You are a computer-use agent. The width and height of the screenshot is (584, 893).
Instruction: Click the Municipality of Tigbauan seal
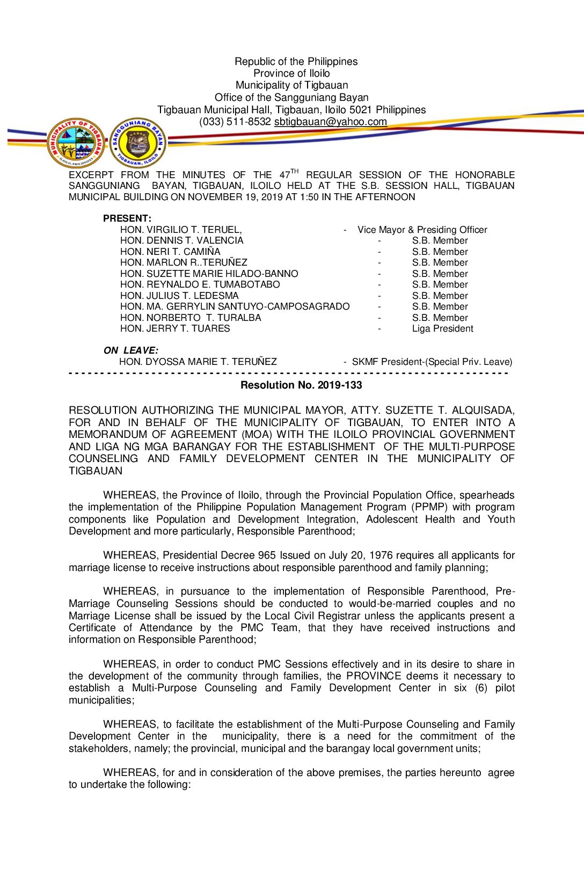click(x=76, y=143)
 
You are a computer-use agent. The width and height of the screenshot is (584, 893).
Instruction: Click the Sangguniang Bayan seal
click(x=138, y=143)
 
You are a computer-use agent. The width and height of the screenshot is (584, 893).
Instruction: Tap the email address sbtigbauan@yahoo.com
click(x=330, y=122)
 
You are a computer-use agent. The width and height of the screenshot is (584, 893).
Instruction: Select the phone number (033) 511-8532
click(x=235, y=122)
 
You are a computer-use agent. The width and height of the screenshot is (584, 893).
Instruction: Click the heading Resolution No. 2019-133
click(x=301, y=385)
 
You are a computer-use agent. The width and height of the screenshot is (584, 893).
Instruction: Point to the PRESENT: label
click(x=127, y=218)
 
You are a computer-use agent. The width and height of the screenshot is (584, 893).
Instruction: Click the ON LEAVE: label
click(x=131, y=350)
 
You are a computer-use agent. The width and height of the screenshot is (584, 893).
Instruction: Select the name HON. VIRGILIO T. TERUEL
click(x=181, y=230)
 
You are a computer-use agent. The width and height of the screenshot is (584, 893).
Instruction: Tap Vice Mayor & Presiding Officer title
click(x=422, y=230)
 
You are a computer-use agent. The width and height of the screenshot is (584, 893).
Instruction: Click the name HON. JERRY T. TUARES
click(x=175, y=328)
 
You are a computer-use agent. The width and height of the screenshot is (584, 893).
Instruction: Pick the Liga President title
click(x=442, y=328)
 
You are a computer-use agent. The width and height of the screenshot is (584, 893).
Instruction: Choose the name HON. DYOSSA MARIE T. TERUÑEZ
click(x=198, y=362)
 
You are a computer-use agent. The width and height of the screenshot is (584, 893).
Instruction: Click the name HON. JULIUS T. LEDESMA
click(x=179, y=296)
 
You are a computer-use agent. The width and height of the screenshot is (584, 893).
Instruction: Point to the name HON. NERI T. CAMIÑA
click(x=170, y=252)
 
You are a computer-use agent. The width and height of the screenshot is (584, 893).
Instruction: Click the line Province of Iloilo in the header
click(x=291, y=74)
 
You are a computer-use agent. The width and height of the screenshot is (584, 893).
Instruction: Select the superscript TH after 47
click(x=295, y=172)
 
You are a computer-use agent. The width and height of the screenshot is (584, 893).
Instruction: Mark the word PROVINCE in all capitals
click(x=374, y=676)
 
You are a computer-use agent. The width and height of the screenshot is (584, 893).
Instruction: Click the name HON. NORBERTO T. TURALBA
click(x=191, y=318)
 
